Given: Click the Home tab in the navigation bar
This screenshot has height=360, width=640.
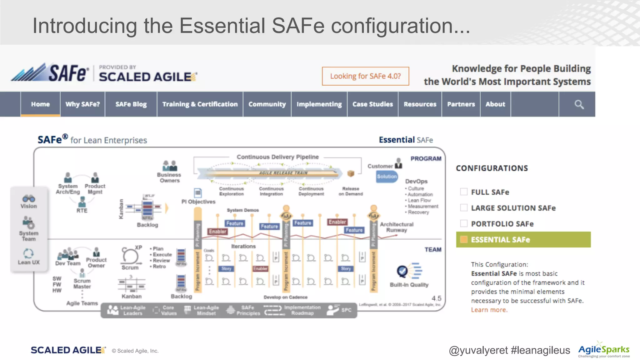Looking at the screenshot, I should [x=40, y=104].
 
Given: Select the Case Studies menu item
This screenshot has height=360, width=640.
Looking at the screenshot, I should [x=372, y=104].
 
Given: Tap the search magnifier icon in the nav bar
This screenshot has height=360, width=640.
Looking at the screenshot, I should [x=579, y=104].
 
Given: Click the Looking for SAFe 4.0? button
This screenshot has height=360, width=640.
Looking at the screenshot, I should [x=365, y=76].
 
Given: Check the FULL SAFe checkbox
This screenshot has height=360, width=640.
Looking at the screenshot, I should [x=464, y=192].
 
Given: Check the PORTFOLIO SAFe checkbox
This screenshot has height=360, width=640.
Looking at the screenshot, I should [x=464, y=223].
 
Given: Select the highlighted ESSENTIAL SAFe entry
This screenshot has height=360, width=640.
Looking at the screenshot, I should [x=523, y=240].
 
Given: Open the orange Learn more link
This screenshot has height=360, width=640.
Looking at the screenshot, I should [x=489, y=310].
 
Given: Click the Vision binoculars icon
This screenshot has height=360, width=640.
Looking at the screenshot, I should [x=29, y=199].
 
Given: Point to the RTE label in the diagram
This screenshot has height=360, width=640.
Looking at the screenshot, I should [x=82, y=211].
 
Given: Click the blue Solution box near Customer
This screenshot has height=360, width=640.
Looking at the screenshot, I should [x=387, y=177].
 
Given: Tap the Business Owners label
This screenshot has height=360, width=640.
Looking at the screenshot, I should [x=169, y=177].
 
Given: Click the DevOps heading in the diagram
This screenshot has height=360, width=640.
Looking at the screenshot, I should [x=416, y=181].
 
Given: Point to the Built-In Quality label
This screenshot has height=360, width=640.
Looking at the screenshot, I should [x=409, y=285].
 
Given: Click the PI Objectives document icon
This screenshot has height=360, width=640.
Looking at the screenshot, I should [x=198, y=193].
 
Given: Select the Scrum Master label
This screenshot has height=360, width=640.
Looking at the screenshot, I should [x=82, y=284].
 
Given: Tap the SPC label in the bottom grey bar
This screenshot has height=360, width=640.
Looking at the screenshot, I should [x=346, y=310].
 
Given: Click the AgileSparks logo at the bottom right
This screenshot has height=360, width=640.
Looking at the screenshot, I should [x=603, y=350].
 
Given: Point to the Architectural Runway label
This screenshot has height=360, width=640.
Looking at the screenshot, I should [x=397, y=227].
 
